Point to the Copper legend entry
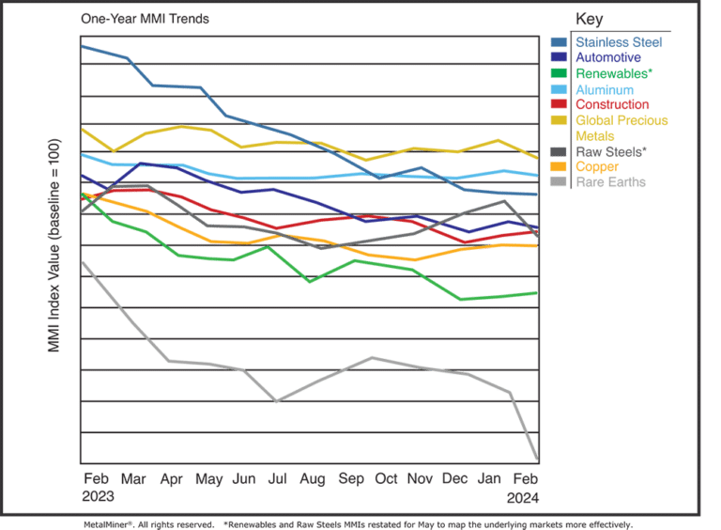596,166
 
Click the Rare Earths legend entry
610,181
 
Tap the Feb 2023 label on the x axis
98,486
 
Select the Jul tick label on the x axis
277,478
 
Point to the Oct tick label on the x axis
386,478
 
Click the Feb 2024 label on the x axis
523,486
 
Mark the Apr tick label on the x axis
172,478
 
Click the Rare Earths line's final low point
536,458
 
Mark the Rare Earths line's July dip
277,401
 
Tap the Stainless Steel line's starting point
84,45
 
